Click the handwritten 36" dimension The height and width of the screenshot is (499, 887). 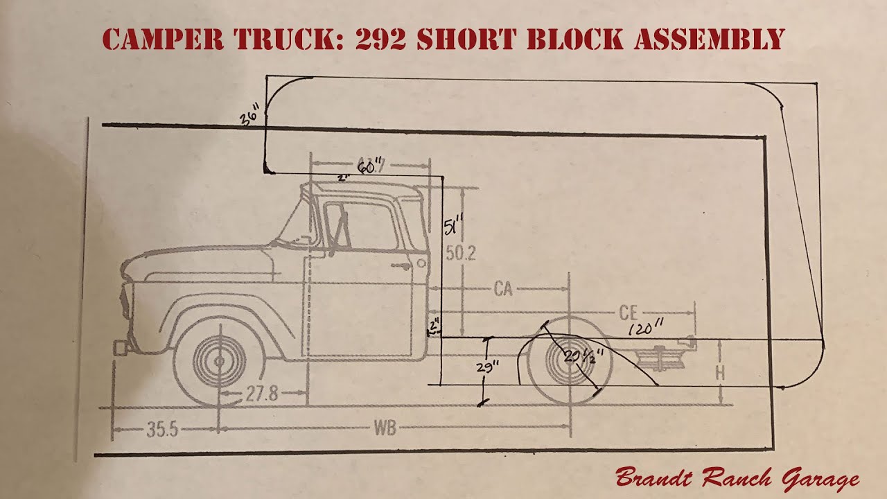click(250, 115)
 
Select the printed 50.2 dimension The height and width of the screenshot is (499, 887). click(460, 254)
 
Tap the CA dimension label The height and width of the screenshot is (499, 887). click(503, 289)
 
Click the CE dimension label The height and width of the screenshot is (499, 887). click(628, 313)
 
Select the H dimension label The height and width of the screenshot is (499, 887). click(720, 373)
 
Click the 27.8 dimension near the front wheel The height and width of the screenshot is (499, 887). click(261, 394)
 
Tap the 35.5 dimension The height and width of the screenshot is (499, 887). click(162, 429)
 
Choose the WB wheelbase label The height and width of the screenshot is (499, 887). click(385, 428)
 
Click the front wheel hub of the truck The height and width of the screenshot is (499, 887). click(220, 361)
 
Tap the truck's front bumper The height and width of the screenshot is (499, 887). click(121, 347)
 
